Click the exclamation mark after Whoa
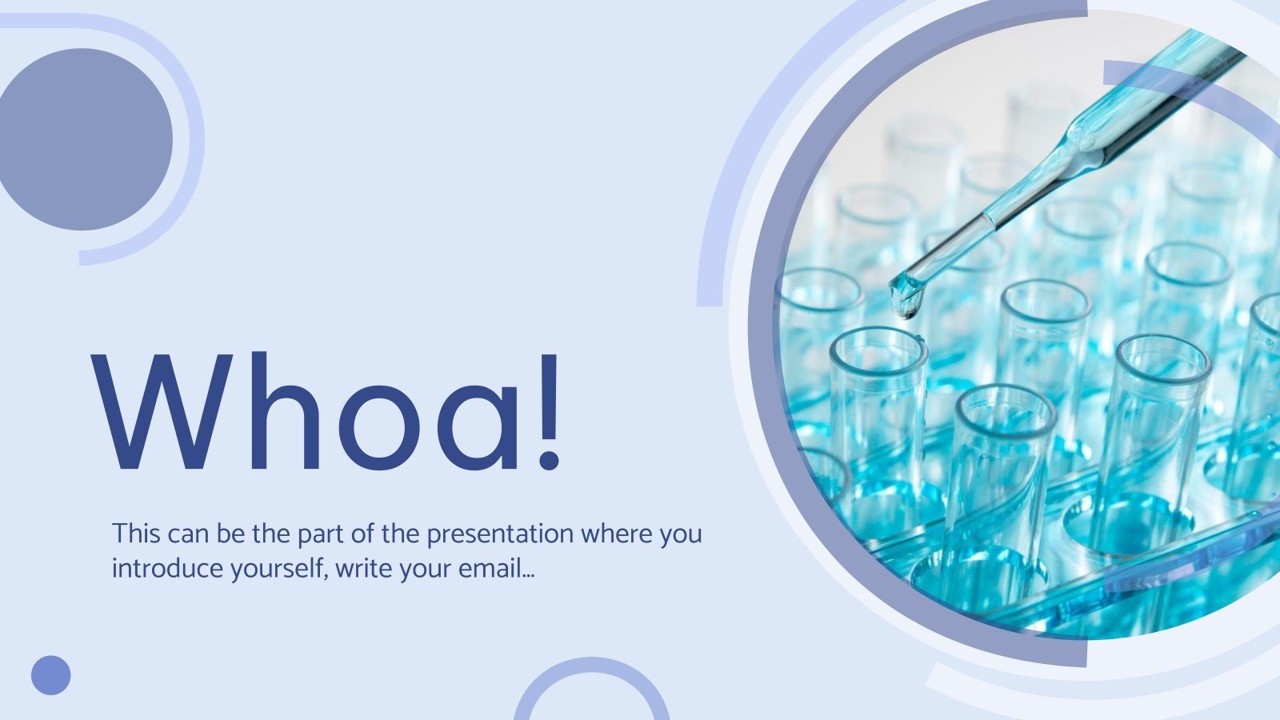pyautogui.click(x=549, y=410)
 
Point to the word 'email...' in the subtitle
pyautogui.click(x=496, y=569)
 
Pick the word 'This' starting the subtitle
pyautogui.click(x=137, y=534)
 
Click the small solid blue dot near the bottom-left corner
pyautogui.click(x=51, y=675)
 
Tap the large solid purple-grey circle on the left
pyautogui.click(x=84, y=139)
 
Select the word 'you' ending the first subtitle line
pyautogui.click(x=681, y=534)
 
